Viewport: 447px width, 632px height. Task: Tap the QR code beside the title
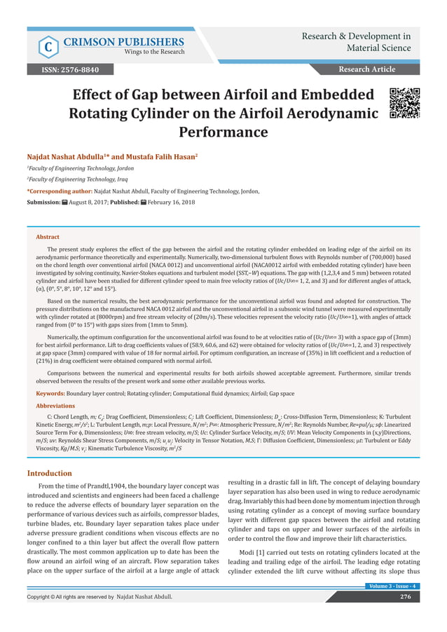tap(404, 103)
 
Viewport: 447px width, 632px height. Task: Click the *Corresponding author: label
tap(60, 191)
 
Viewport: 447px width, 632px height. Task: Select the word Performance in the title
tap(224, 132)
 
